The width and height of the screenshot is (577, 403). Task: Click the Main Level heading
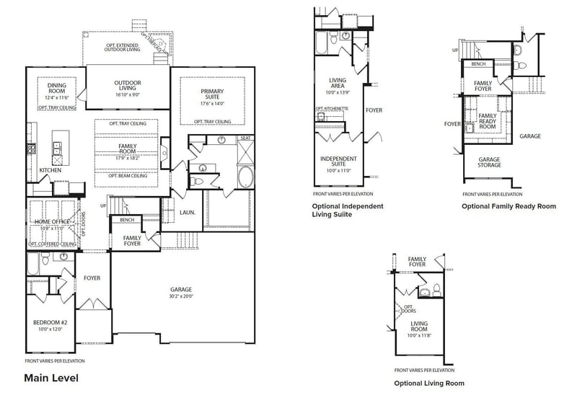click(50, 377)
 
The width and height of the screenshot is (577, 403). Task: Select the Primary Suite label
click(212, 94)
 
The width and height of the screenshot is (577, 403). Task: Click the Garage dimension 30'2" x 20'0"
click(180, 296)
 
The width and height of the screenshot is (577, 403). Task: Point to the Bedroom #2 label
click(48, 322)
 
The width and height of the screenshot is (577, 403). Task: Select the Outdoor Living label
click(128, 83)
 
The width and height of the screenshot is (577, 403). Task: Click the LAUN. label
click(188, 213)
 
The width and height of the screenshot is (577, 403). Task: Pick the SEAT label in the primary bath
click(245, 138)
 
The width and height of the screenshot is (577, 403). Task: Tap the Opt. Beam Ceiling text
click(128, 175)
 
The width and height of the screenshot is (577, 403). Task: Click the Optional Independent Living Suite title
click(347, 211)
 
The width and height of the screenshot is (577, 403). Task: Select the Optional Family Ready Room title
click(508, 206)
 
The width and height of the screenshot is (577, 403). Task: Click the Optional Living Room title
click(428, 383)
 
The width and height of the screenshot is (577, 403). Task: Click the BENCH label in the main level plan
click(127, 220)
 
